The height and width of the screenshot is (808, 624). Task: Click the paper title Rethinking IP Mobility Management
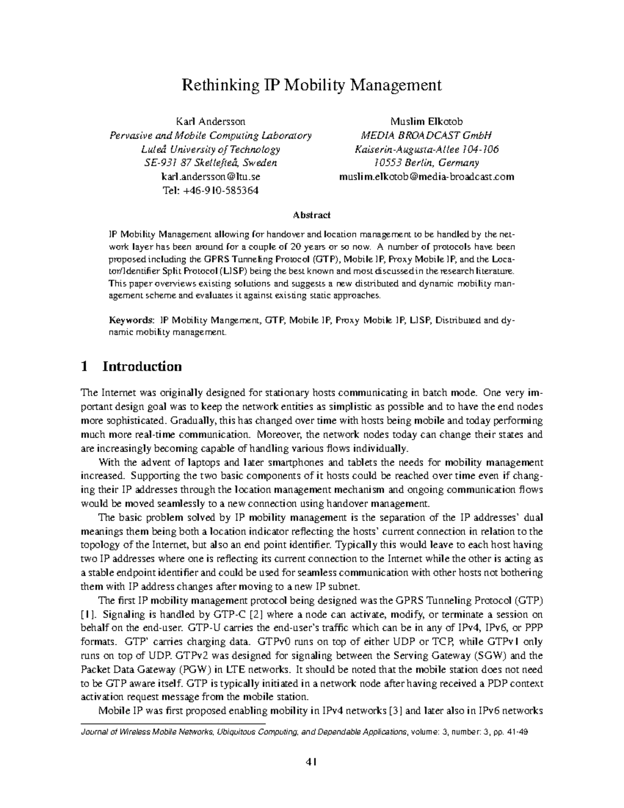(x=311, y=85)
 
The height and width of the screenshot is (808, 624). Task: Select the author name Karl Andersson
(x=211, y=122)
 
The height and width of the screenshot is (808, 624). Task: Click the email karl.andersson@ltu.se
(x=211, y=176)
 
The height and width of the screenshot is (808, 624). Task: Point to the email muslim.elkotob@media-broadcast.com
(x=426, y=176)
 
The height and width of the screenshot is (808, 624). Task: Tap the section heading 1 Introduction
(x=132, y=367)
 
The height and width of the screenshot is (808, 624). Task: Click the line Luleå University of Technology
(x=211, y=149)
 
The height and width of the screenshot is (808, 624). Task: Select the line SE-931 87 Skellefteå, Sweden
(x=211, y=163)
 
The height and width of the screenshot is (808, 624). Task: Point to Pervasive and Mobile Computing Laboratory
(x=211, y=136)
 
